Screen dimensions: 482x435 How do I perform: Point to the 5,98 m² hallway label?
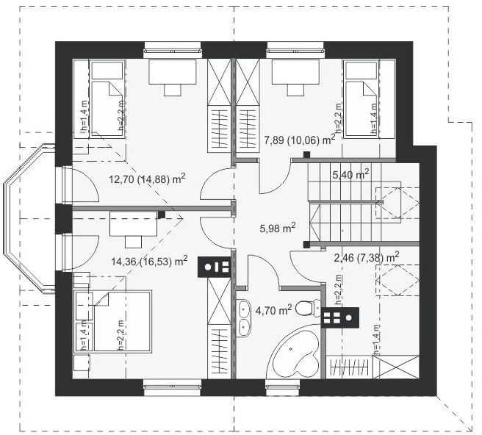pos(278,228)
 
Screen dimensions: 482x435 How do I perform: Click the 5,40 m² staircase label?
pos(350,175)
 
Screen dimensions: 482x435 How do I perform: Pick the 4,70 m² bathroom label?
pos(273,311)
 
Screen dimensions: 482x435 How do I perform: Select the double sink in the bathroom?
pos(243,319)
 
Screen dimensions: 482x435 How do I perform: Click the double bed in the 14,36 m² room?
pos(123,321)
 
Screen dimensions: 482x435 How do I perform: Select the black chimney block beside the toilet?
pos(339,317)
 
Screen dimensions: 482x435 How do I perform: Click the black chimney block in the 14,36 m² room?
pos(214,267)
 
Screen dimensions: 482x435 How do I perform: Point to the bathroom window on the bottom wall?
pos(283,387)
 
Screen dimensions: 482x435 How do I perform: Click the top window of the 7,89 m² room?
pos(295,49)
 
